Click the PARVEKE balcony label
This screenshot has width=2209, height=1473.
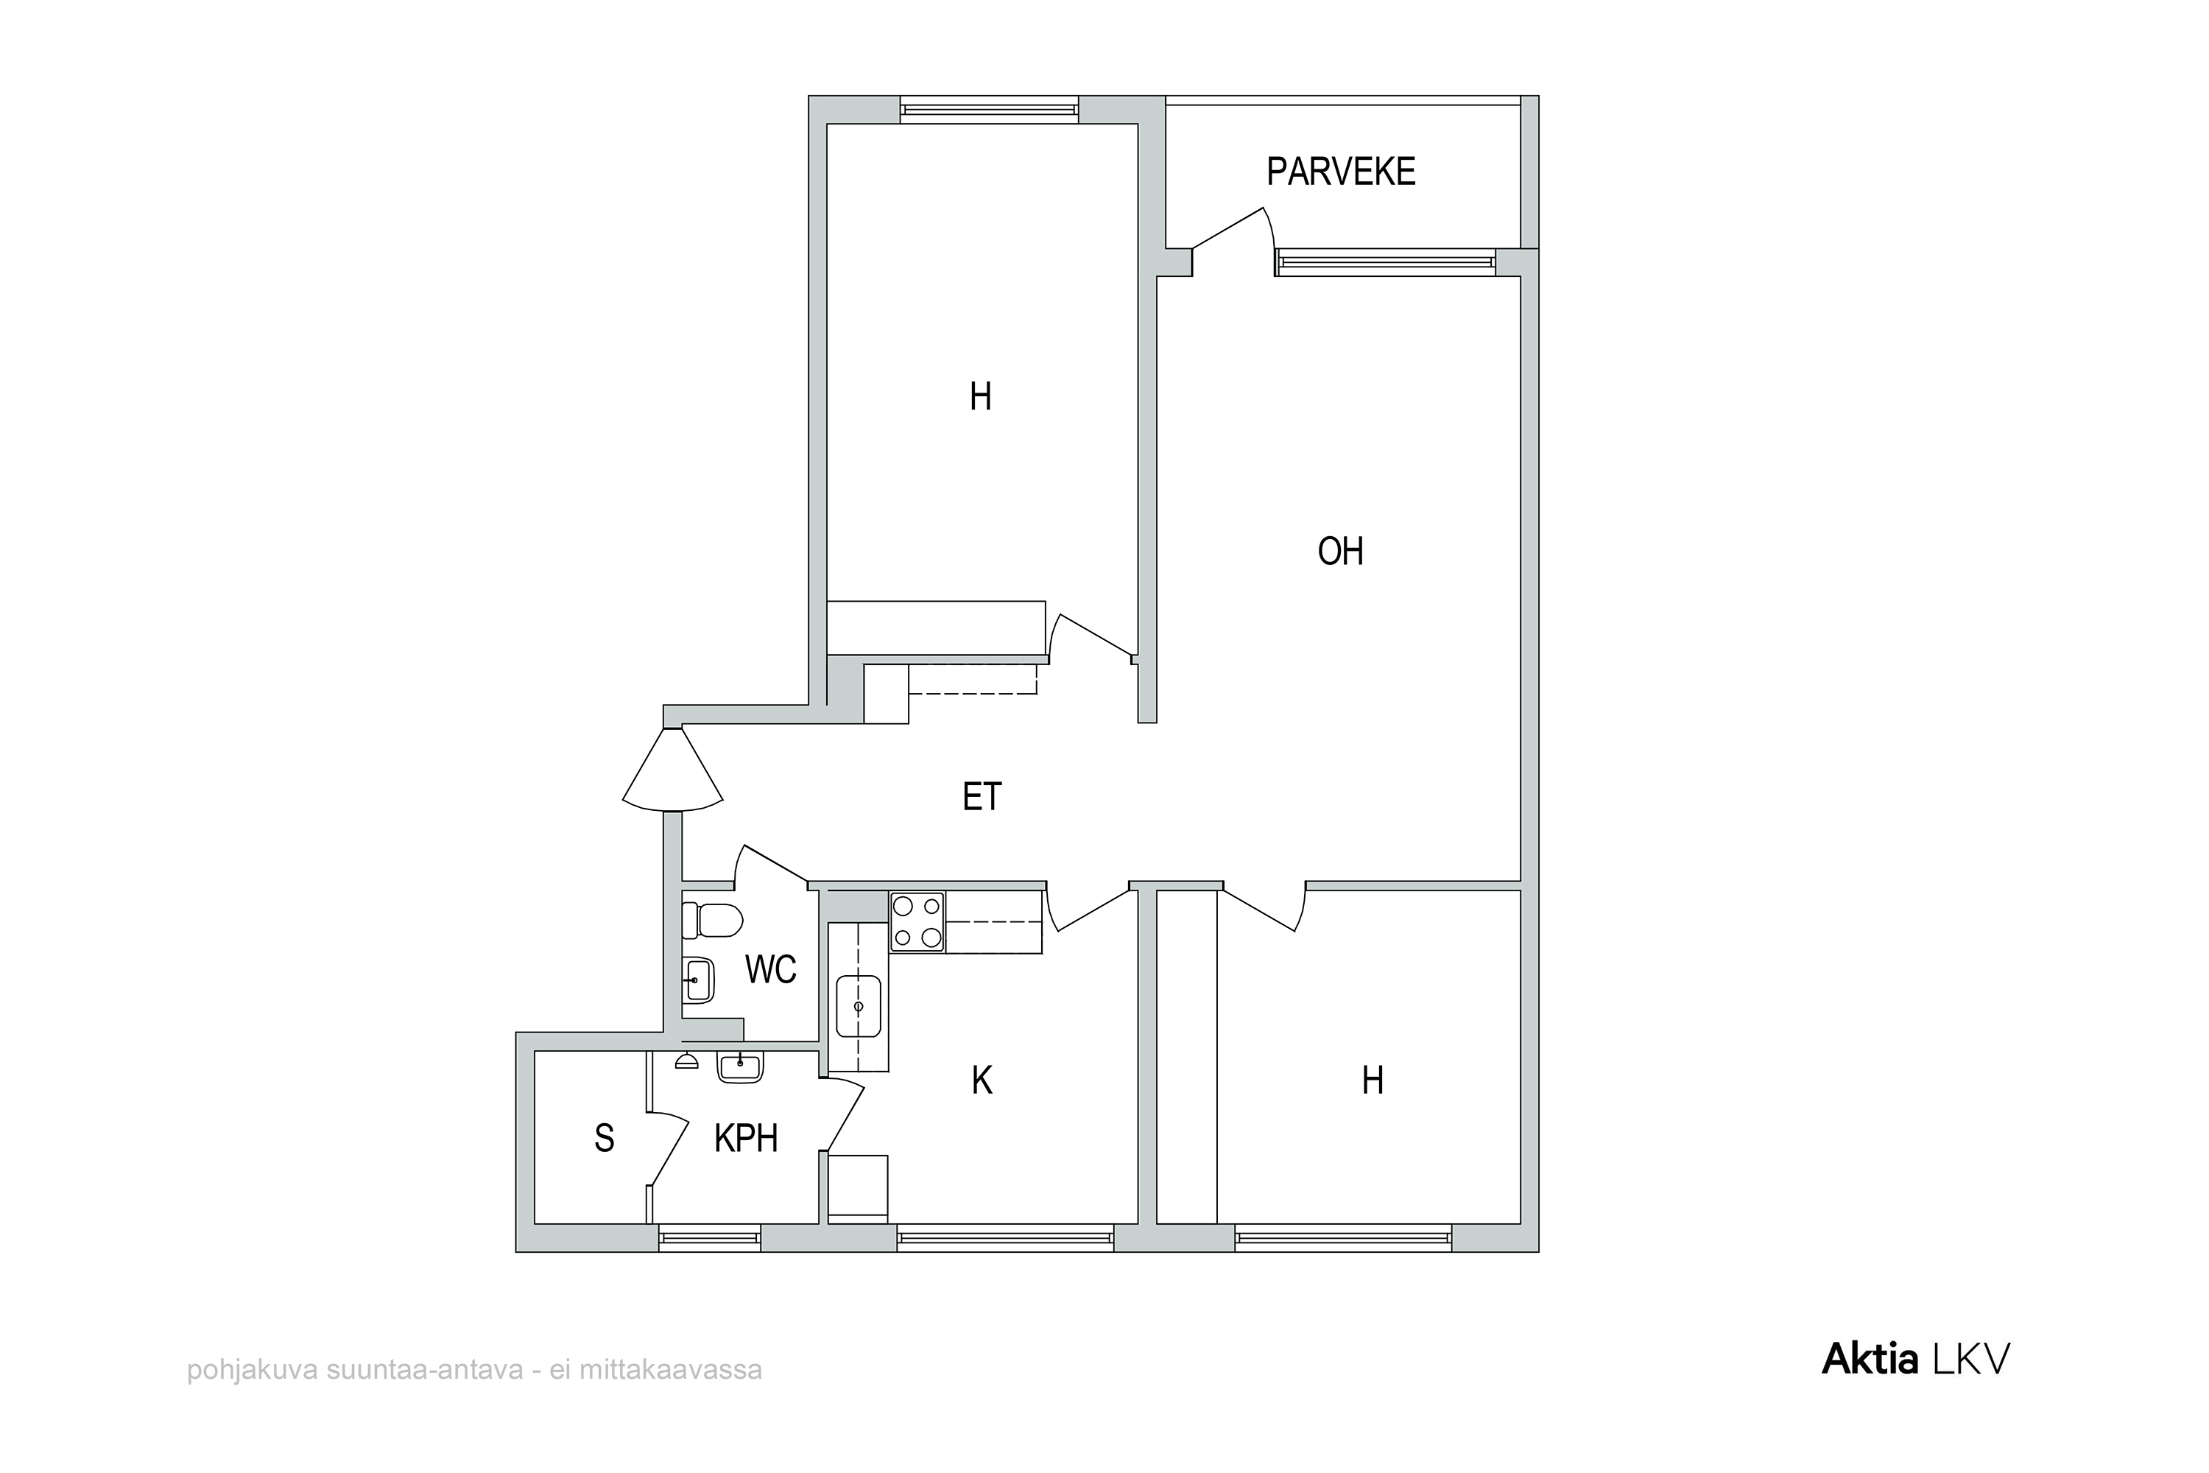[x=1340, y=172]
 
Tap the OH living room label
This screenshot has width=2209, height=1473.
[x=1340, y=552]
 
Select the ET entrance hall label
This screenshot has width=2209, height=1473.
[x=982, y=797]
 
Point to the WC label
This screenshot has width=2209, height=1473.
[x=770, y=968]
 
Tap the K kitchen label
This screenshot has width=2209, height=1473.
[x=982, y=1080]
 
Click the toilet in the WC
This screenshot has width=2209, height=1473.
[x=712, y=921]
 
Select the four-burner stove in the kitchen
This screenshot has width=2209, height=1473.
[x=917, y=923]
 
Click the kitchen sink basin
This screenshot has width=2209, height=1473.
[x=858, y=1006]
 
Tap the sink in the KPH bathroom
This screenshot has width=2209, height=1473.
[x=740, y=1066]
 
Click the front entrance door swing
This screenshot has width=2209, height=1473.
[x=672, y=768]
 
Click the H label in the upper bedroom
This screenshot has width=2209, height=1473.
[x=981, y=398]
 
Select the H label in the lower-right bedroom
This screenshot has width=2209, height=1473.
[x=1373, y=1080]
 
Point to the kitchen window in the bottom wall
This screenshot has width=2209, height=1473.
[x=1005, y=1238]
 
